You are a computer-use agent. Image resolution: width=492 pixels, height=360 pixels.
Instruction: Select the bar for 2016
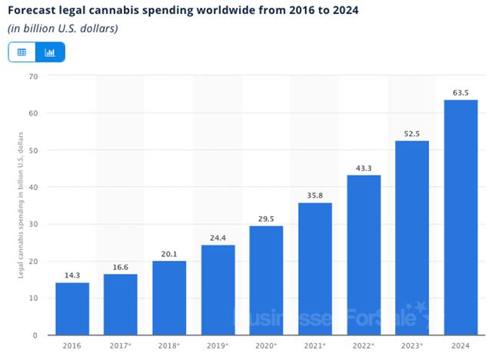click(72, 308)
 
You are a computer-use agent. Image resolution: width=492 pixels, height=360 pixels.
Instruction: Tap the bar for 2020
click(267, 280)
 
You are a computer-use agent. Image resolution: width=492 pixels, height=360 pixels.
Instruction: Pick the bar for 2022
click(364, 255)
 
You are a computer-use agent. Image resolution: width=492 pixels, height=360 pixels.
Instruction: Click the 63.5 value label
click(461, 92)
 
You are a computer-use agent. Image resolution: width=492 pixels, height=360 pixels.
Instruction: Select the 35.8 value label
click(315, 195)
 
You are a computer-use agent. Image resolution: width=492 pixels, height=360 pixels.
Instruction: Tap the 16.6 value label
click(121, 266)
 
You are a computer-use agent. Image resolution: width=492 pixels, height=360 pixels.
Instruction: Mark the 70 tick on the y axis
click(33, 76)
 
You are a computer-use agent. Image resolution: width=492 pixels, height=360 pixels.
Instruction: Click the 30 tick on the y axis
click(33, 224)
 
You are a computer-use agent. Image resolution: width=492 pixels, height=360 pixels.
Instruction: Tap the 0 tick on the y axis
click(35, 335)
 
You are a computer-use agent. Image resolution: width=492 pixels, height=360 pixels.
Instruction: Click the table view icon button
click(22, 52)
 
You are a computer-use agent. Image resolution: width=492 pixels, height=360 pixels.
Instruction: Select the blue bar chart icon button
click(51, 52)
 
